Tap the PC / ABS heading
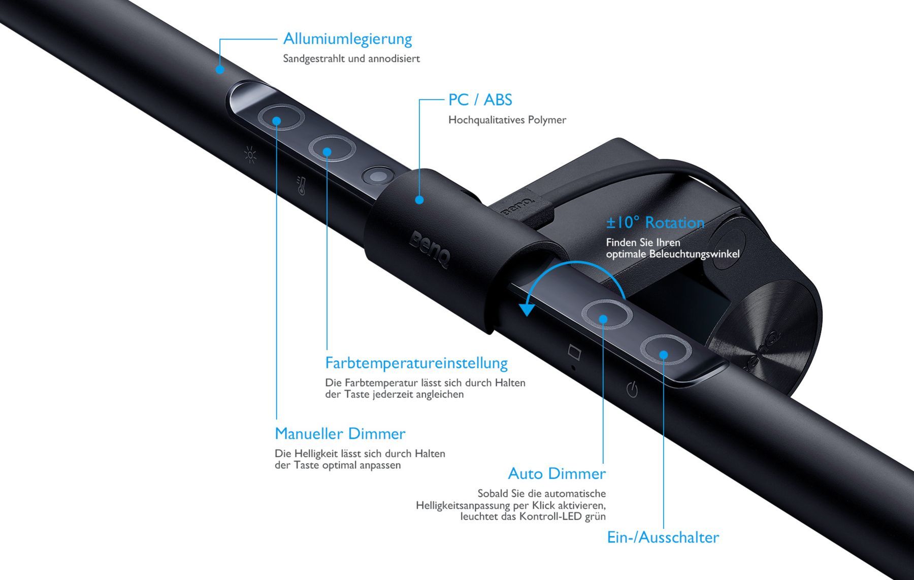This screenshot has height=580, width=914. tap(480, 100)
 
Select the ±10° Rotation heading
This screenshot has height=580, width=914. tap(655, 222)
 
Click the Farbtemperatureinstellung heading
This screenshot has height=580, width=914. tap(416, 363)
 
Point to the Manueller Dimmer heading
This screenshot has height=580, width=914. tap(340, 434)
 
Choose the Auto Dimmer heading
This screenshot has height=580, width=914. tap(557, 473)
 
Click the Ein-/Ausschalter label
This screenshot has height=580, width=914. tap(663, 537)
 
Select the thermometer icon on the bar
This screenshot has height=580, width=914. tap(301, 186)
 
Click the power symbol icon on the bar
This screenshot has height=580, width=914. tap(632, 390)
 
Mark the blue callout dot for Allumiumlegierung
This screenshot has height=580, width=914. tap(220, 69)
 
